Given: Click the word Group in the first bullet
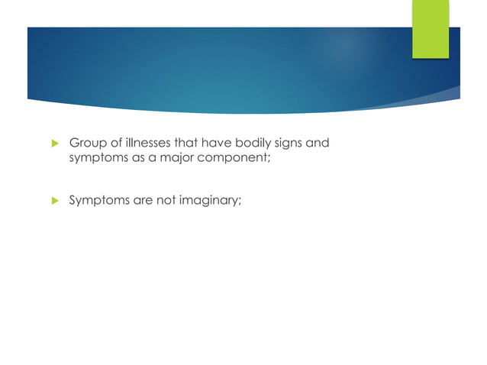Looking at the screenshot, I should [86, 142].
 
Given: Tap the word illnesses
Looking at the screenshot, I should [145, 142].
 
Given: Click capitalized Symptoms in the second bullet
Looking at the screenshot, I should [98, 201].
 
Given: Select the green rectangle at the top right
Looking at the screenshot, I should [431, 29].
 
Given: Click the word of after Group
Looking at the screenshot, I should [112, 142].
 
